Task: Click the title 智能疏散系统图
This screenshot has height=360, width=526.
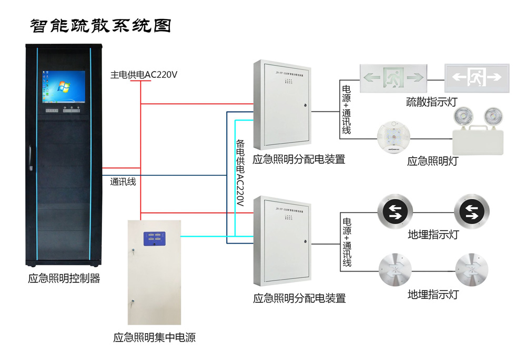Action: click(x=100, y=26)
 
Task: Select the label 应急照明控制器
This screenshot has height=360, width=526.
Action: click(x=64, y=278)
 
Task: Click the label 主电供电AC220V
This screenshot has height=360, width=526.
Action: click(x=144, y=75)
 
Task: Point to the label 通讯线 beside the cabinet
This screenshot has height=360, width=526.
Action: click(x=123, y=182)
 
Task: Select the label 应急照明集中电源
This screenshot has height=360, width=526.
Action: click(x=155, y=338)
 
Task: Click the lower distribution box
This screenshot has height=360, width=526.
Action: click(x=282, y=242)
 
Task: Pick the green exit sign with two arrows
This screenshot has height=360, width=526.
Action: click(x=392, y=78)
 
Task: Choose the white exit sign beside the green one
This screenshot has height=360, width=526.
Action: click(x=477, y=78)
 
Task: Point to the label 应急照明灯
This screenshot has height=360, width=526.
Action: click(x=432, y=161)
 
